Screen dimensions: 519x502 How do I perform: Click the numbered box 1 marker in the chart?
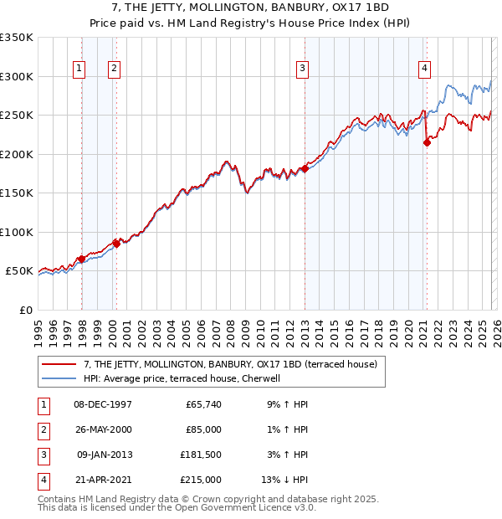79,69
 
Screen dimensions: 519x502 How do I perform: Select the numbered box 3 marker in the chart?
302,69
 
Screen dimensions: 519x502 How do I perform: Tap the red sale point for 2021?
427,143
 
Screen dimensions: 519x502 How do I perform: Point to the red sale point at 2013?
305,169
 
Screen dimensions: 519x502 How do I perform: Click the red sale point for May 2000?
116,244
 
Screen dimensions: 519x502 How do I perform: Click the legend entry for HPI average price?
185,378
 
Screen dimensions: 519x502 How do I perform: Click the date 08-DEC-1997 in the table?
103,404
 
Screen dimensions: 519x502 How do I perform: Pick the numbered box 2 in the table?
42,429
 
